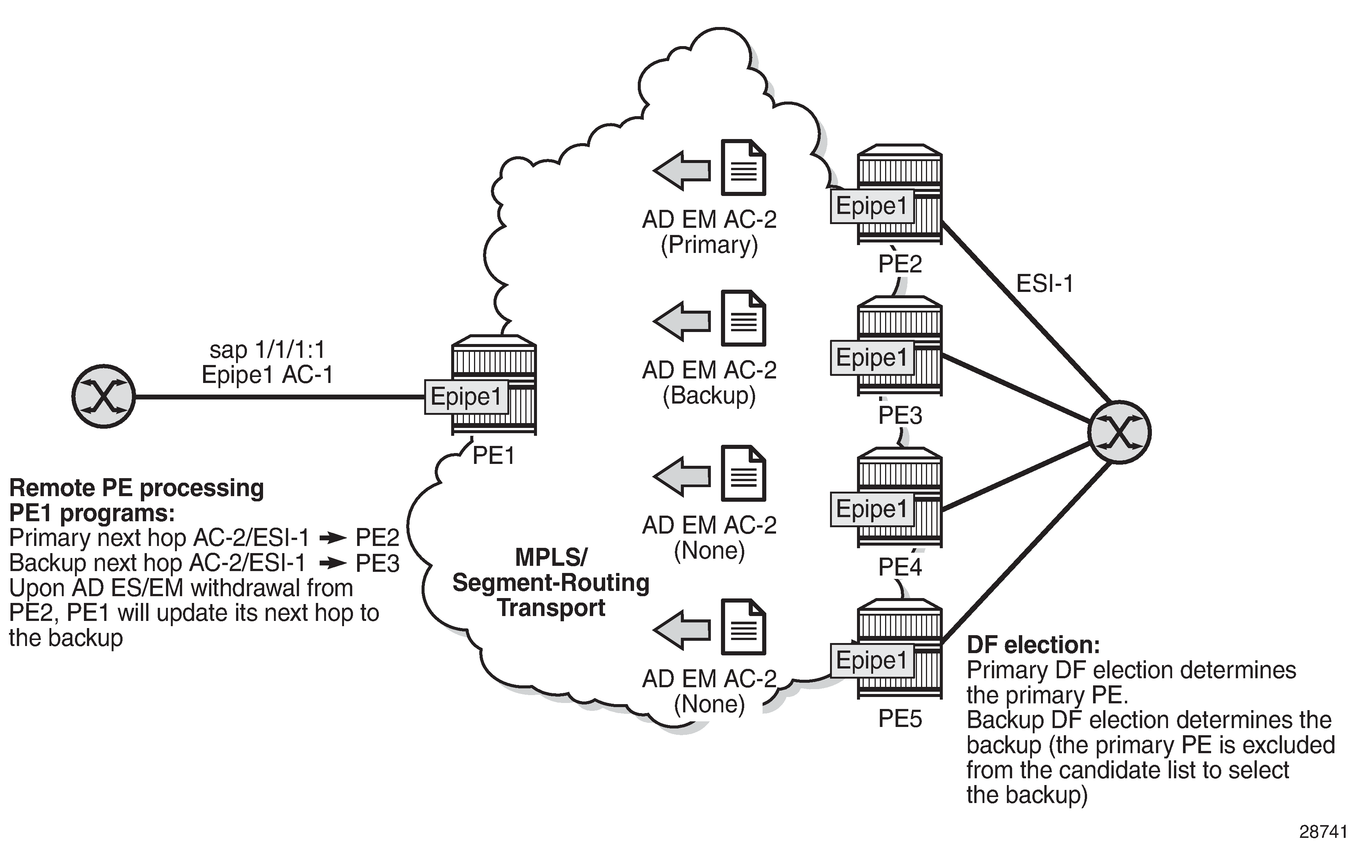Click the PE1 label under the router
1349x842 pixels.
493,456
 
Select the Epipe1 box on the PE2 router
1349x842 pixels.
872,206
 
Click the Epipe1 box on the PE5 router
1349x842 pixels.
872,661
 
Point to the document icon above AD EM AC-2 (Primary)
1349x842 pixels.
743,168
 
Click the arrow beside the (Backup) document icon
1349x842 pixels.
682,321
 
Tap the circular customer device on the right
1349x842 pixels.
1120,432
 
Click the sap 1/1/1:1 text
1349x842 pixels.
267,350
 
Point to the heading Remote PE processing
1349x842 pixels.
136,488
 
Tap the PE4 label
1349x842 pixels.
900,567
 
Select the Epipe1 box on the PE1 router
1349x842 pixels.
467,396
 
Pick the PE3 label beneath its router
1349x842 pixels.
900,416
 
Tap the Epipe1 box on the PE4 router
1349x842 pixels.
872,509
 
